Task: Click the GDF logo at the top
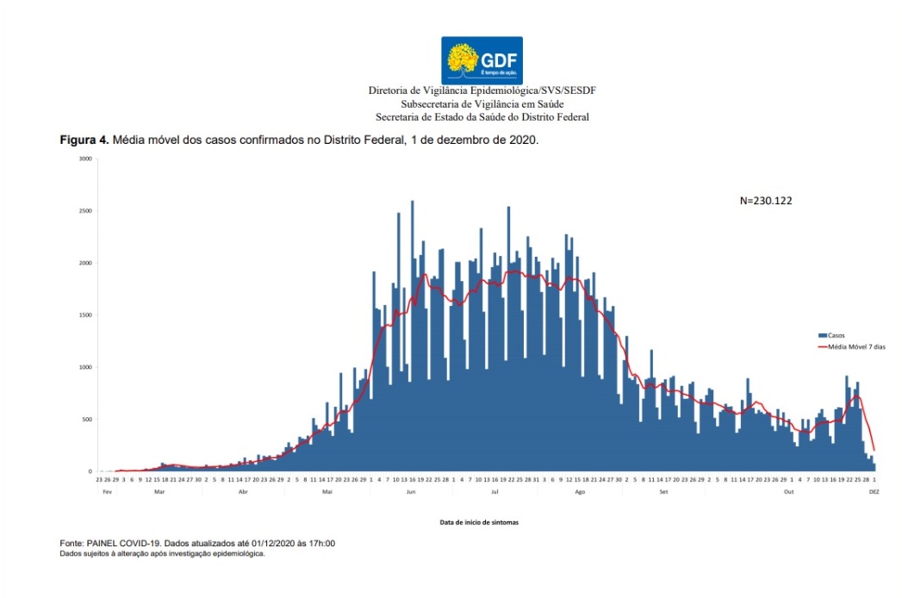pos(482,60)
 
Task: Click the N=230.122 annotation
pos(766,200)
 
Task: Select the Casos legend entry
pos(833,334)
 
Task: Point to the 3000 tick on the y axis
pos(84,159)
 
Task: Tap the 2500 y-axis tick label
pos(84,211)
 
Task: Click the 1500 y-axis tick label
pos(84,315)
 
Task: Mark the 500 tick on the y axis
pos(85,420)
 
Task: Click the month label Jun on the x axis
pos(411,492)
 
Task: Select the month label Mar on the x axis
pos(159,492)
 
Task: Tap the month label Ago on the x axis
pos(580,492)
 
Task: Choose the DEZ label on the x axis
pos(874,492)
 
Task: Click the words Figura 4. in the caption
pos(84,140)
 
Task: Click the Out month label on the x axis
pos(788,492)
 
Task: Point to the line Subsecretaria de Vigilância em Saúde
pos(482,103)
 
